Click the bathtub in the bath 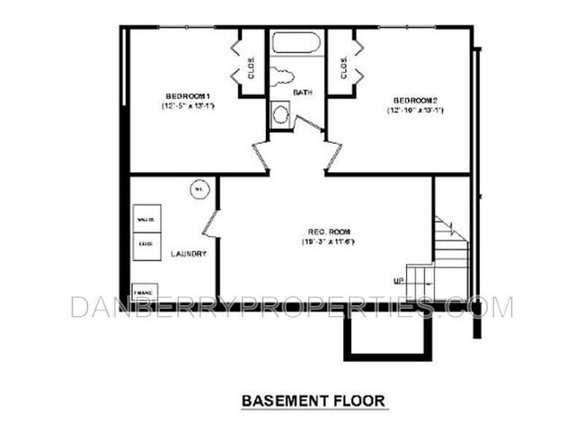297,44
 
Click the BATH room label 301,92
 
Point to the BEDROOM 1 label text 188,96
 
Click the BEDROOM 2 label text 414,99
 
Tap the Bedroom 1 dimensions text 188,106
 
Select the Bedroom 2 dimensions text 414,109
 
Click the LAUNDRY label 189,254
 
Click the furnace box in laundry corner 142,293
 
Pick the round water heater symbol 199,189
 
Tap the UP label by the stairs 397,281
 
